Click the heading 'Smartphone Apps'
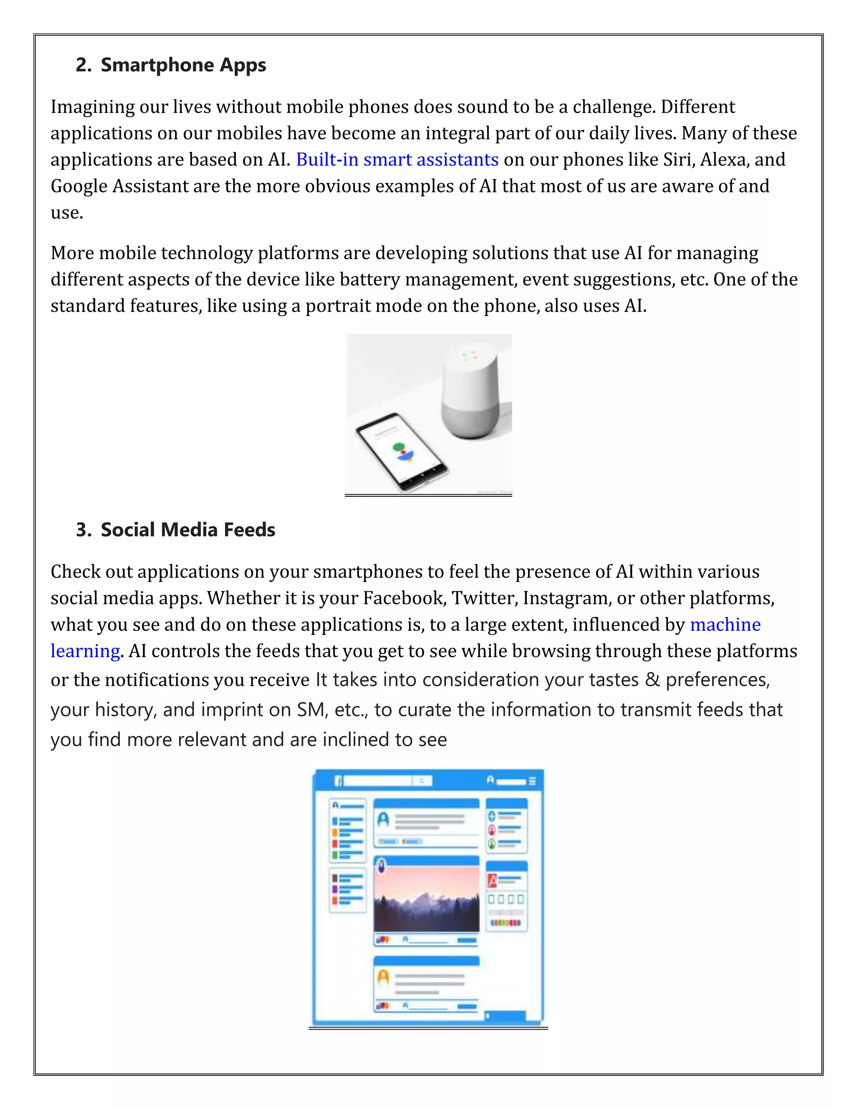pyautogui.click(x=183, y=65)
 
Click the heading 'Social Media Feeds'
pyautogui.click(x=188, y=530)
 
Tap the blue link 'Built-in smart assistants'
pyautogui.click(x=397, y=159)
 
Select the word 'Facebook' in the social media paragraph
pyautogui.click(x=404, y=598)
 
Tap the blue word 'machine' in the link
pyautogui.click(x=725, y=624)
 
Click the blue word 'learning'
pyautogui.click(x=85, y=651)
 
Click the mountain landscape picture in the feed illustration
pyautogui.click(x=426, y=899)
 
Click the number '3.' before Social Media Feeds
pyautogui.click(x=84, y=530)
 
